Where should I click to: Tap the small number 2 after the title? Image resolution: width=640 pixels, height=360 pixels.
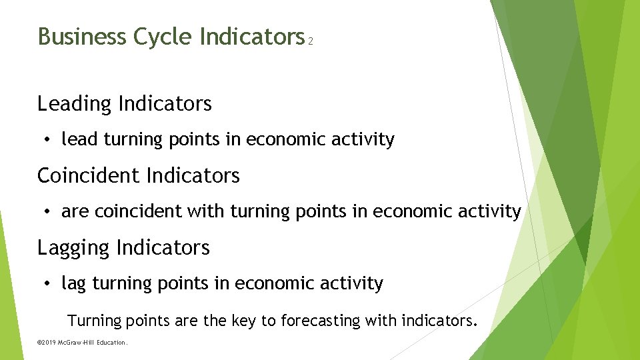[x=311, y=41]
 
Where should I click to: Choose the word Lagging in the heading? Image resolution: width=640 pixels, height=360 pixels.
[x=74, y=248]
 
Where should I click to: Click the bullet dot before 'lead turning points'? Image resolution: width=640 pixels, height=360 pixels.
[x=48, y=140]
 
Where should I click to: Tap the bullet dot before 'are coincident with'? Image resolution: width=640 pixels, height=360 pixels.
[x=48, y=212]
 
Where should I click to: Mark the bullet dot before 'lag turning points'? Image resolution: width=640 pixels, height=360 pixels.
[x=48, y=284]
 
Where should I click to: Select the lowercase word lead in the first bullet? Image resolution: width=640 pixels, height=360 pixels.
[x=79, y=139]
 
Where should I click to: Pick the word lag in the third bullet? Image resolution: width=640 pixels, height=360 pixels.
[x=74, y=285]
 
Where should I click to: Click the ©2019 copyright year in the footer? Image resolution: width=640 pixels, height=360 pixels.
[x=47, y=343]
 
